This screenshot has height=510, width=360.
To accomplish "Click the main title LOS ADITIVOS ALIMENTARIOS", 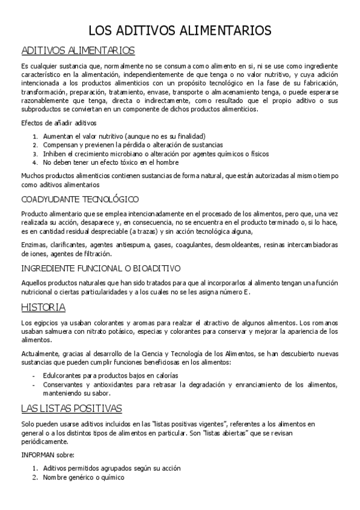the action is (180, 31).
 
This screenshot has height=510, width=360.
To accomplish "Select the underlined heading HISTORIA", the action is (43, 307).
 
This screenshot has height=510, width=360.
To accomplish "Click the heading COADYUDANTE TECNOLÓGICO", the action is (80, 198).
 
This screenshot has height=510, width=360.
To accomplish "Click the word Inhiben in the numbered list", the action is (54, 153).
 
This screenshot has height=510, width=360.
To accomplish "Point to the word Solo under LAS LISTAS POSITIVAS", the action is (28, 424).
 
